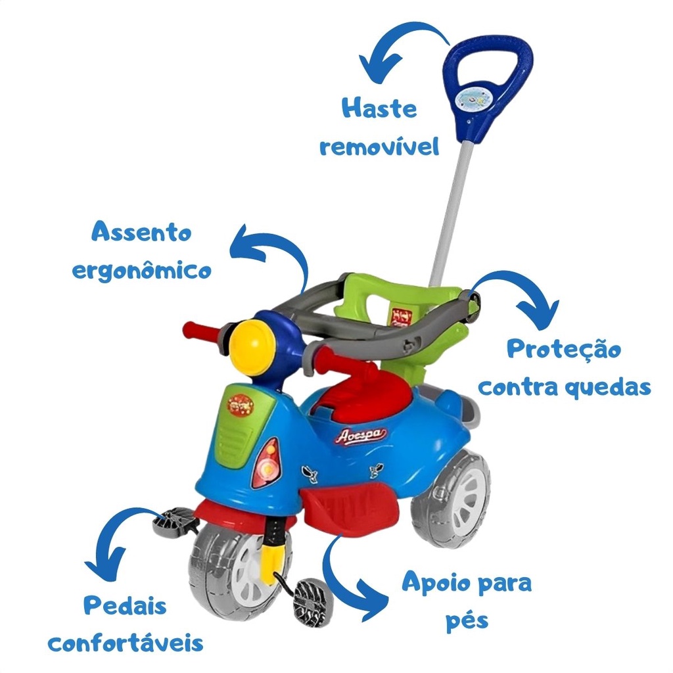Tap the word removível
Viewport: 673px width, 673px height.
(379, 146)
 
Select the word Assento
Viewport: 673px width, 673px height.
(141, 232)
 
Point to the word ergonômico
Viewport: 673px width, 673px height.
(141, 270)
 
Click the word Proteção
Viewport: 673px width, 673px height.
(563, 348)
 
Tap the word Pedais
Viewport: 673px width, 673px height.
(125, 605)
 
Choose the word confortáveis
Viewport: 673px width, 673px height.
(125, 643)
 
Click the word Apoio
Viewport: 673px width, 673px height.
(434, 582)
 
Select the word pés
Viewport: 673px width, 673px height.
(467, 621)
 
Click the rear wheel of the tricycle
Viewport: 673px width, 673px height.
(452, 499)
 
